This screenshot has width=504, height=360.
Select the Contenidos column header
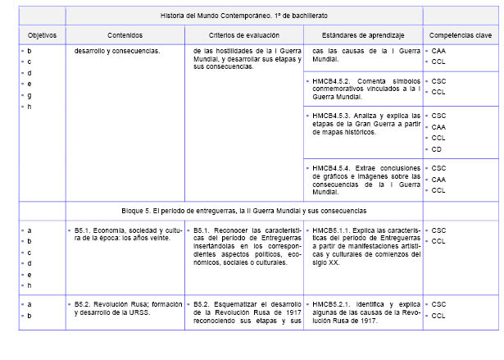(125, 36)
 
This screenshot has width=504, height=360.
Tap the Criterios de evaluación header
(243, 36)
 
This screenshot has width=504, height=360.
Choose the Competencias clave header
(461, 36)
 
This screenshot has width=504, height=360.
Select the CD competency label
(438, 149)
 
